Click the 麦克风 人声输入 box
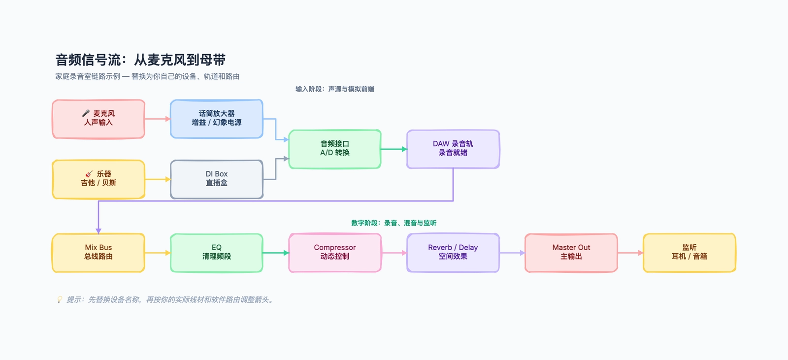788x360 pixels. click(x=98, y=119)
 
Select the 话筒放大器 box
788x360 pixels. click(x=217, y=119)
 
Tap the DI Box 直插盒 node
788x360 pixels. click(x=217, y=179)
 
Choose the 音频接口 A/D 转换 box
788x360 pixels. click(x=335, y=149)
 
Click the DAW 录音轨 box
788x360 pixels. click(x=453, y=149)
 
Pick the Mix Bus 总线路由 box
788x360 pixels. click(x=98, y=253)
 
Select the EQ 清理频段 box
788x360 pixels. click(x=217, y=253)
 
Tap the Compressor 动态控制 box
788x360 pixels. click(x=335, y=253)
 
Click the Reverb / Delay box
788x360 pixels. click(x=453, y=253)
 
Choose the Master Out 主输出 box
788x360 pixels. click(x=571, y=253)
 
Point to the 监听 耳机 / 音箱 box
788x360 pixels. click(x=689, y=253)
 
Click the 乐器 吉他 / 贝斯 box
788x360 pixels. click(x=98, y=179)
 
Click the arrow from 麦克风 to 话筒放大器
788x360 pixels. click(x=158, y=119)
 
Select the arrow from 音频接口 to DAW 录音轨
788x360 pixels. click(x=394, y=149)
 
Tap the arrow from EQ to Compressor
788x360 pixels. click(x=276, y=253)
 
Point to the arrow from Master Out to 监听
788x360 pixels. click(x=630, y=253)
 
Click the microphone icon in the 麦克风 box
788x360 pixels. click(x=86, y=113)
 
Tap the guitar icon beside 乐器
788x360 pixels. click(x=89, y=174)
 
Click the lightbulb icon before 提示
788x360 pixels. click(x=60, y=299)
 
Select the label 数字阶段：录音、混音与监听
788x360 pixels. click(x=394, y=223)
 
